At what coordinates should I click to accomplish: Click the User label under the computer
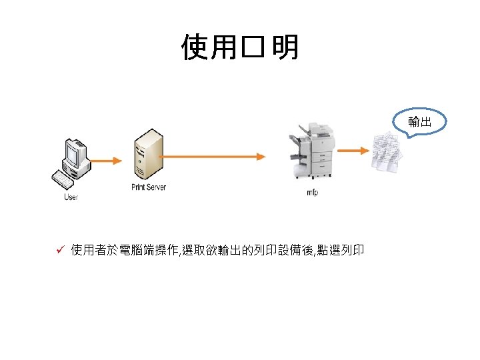click(71, 197)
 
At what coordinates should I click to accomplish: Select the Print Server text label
click(148, 187)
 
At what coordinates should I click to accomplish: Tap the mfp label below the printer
click(312, 193)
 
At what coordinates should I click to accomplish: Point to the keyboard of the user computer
click(63, 179)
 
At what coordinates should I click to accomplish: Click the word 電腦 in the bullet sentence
click(131, 251)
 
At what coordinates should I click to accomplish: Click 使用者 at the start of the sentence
click(90, 251)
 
